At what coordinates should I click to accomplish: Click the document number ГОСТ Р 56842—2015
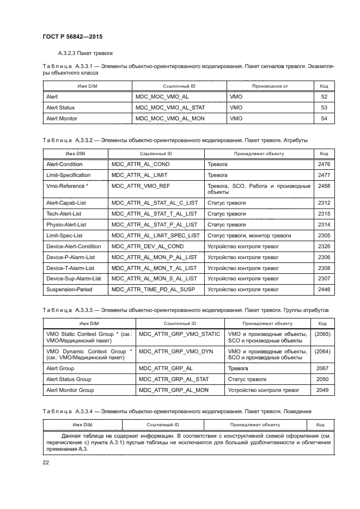pos(72,36)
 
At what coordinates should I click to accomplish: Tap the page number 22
pos(46,462)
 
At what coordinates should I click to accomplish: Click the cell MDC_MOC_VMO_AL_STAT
pos(169,108)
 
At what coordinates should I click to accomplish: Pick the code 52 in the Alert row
pos(324,97)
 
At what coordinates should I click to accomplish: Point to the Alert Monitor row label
pos(62,118)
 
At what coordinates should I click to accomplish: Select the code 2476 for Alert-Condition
pos(324,164)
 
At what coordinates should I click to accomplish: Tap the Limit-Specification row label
pos(69,175)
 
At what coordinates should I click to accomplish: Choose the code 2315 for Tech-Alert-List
pos(324,213)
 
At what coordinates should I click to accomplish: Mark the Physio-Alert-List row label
pos(66,224)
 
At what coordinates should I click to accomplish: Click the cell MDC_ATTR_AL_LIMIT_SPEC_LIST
pos(156,235)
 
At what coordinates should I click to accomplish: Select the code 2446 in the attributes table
pos(324,290)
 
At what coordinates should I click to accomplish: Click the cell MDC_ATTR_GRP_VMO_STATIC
pos(179,334)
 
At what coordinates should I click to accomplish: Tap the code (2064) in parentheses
pos(323,351)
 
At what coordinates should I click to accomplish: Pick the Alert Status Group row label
pos(69,379)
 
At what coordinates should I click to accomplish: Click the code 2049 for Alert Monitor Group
pos(322,390)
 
